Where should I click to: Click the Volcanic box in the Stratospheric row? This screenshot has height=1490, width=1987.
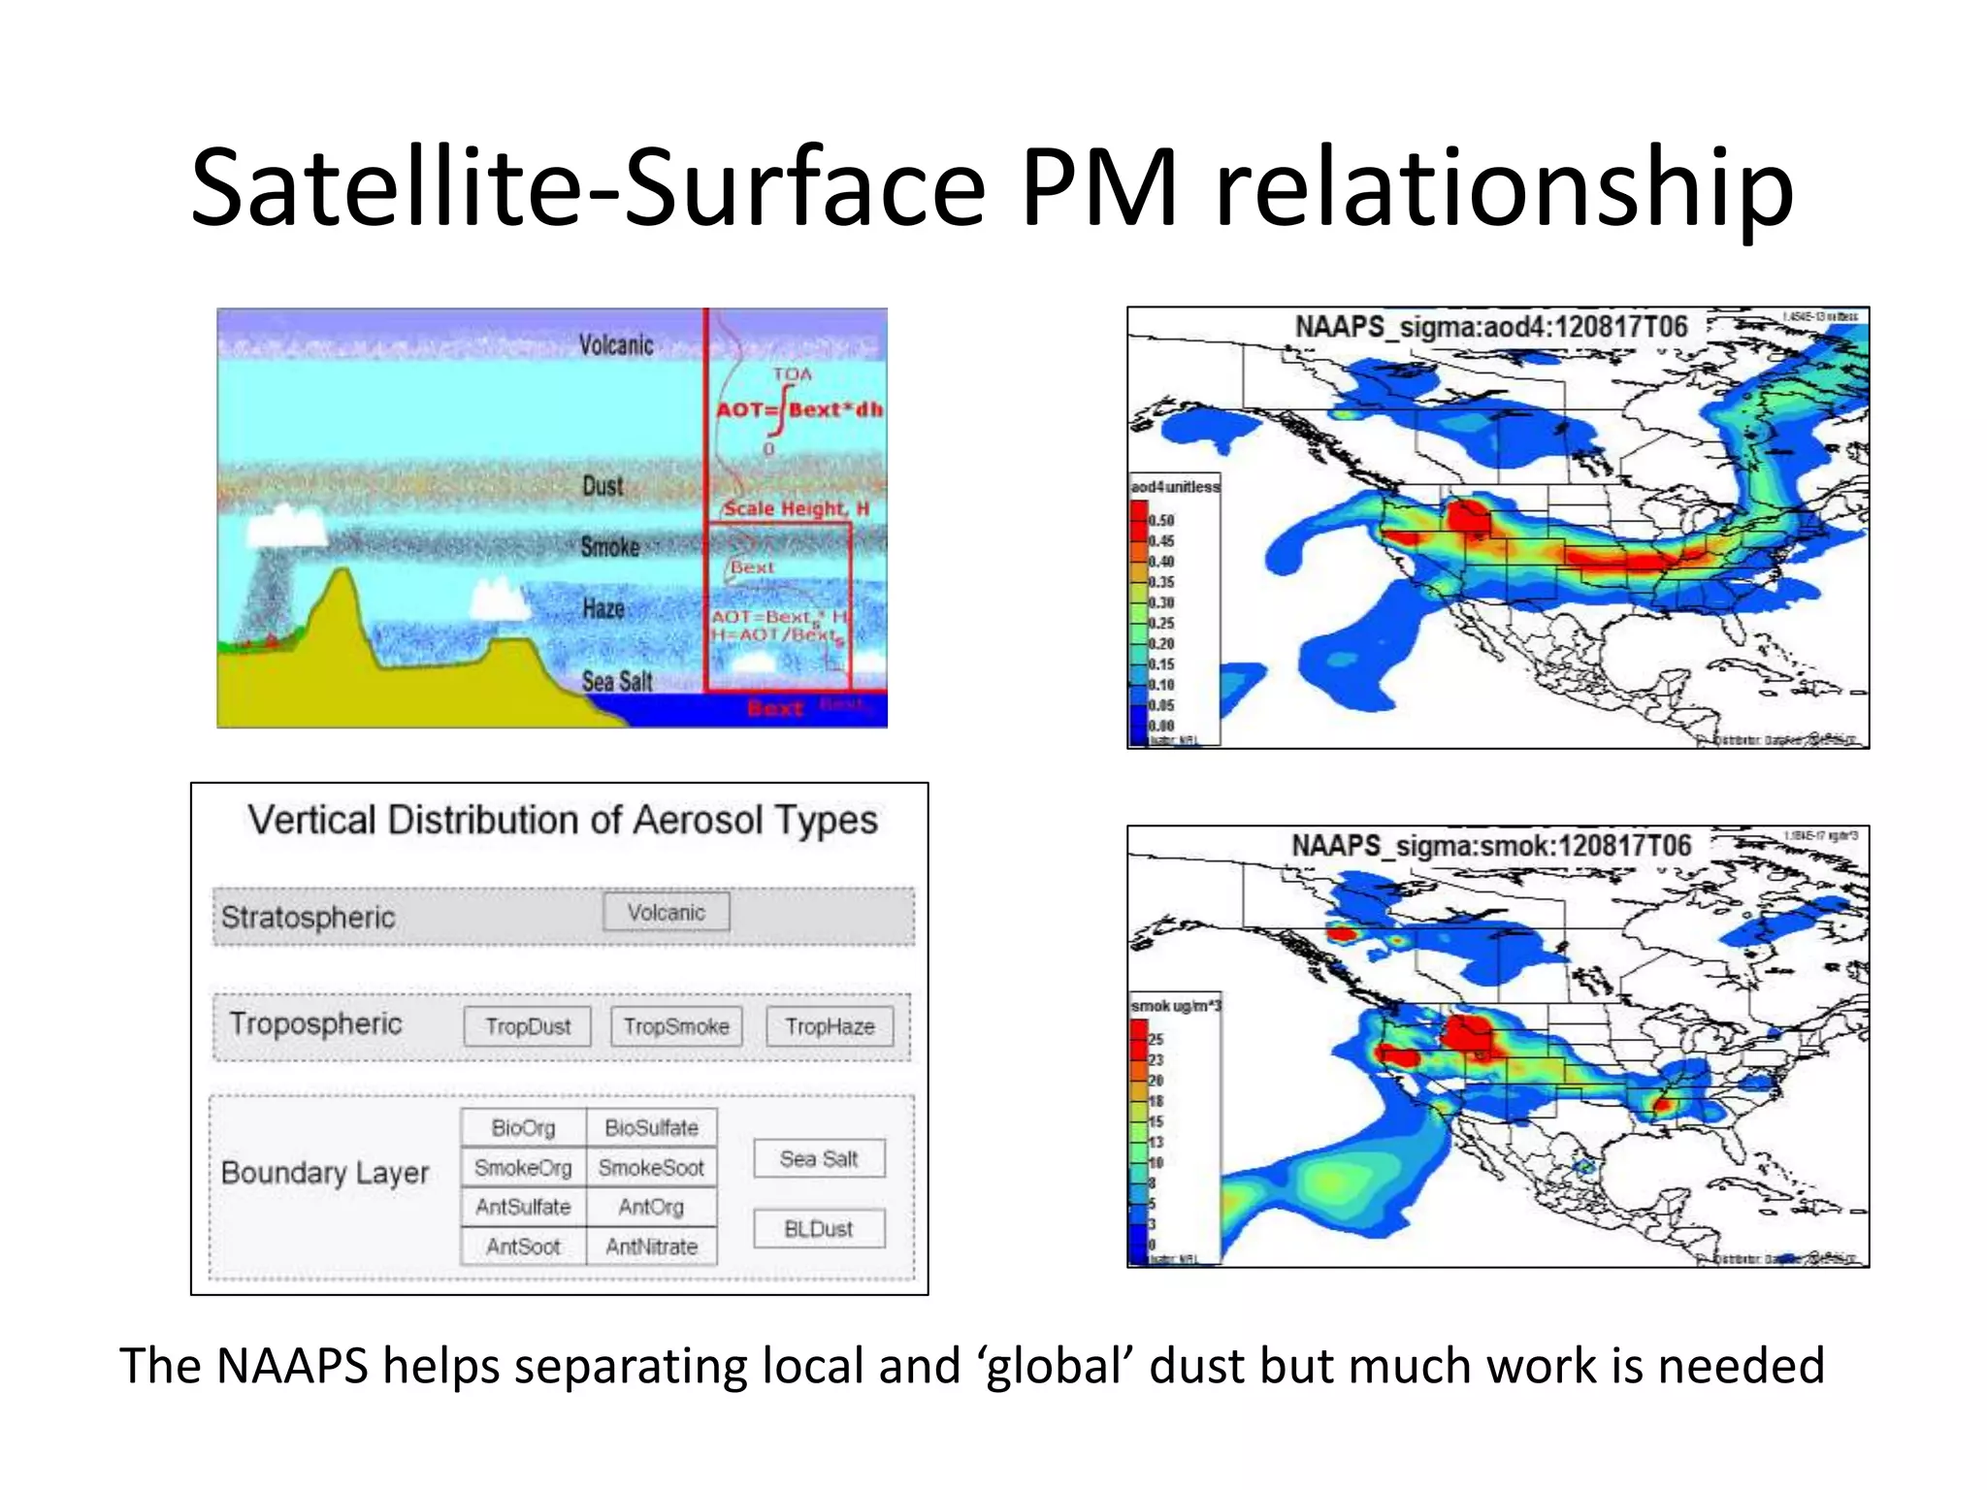coord(666,912)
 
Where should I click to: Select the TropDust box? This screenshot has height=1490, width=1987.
coord(527,1026)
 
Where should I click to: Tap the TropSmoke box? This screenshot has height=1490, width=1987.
coord(676,1026)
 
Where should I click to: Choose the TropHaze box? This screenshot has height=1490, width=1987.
coord(830,1026)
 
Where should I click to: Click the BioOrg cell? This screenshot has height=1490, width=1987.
coord(523,1127)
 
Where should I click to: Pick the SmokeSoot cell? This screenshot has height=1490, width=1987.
coord(651,1167)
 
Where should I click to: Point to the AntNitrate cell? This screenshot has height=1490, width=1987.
coord(651,1247)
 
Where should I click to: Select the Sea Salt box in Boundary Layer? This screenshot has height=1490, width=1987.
coord(819,1158)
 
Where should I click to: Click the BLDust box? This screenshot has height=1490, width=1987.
coord(819,1229)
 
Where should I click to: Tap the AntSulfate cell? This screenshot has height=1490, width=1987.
coord(523,1207)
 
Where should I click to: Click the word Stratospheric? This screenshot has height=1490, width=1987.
coord(308,917)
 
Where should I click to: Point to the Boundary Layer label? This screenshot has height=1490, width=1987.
coord(324,1172)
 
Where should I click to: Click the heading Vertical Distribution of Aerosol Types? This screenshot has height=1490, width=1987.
coord(562,820)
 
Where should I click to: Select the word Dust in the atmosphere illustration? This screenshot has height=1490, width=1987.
coord(603,486)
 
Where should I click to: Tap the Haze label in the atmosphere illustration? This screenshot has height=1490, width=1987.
coord(603,608)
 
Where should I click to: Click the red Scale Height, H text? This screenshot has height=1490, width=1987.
coord(797,508)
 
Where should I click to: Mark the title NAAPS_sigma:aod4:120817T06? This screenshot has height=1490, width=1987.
coord(1491,327)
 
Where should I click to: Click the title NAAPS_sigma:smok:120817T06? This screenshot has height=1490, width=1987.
coord(1490,846)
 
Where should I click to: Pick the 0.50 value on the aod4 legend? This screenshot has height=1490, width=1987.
coord(1162,521)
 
